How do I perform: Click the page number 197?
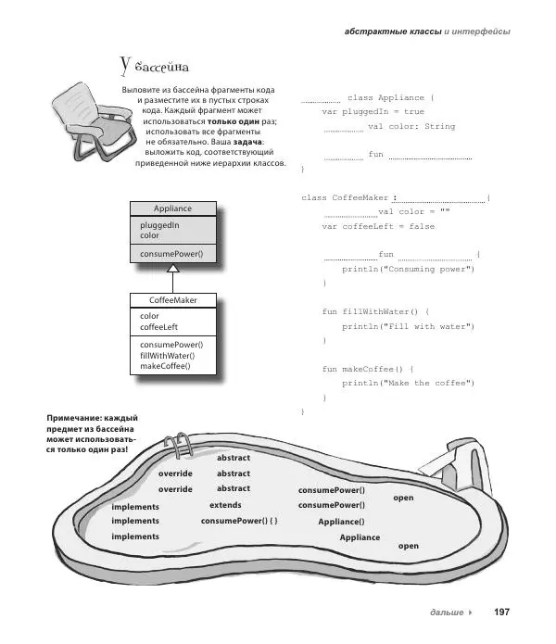pos(502,612)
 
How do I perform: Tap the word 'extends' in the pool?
pos(225,505)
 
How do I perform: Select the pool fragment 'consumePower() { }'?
pos(239,522)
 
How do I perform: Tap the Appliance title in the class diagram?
pos(172,208)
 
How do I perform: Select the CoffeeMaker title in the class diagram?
pos(172,300)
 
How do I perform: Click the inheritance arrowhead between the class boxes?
pos(172,269)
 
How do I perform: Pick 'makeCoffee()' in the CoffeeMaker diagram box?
pos(165,366)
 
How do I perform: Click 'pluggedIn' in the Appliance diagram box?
pos(159,224)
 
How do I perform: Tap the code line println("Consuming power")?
pos(408,269)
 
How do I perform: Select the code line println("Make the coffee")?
pos(408,383)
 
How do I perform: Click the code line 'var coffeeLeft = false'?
pos(378,226)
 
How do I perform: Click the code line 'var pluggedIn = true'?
pos(373,111)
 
